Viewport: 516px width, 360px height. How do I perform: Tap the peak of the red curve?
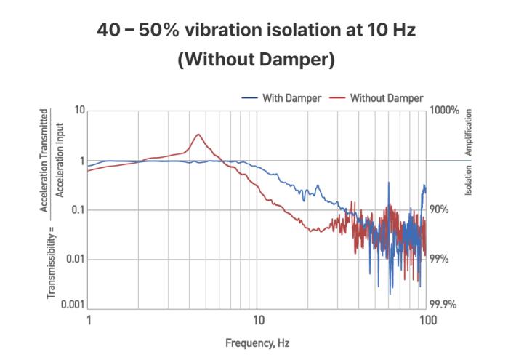(198, 135)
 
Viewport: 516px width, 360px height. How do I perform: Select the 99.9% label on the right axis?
(444, 305)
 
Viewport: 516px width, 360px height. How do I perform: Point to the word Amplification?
(469, 132)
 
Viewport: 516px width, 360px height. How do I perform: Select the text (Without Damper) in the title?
(256, 60)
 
